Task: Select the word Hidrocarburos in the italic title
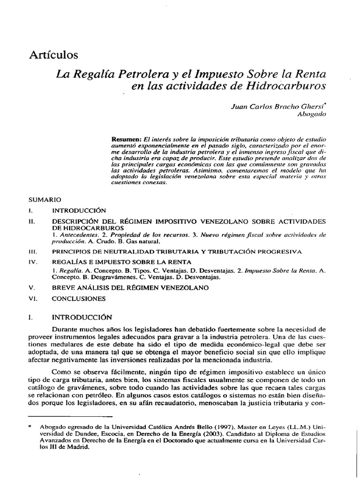click(287, 86)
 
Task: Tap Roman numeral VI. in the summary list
click(32, 298)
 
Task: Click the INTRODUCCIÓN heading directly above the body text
click(82, 316)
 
